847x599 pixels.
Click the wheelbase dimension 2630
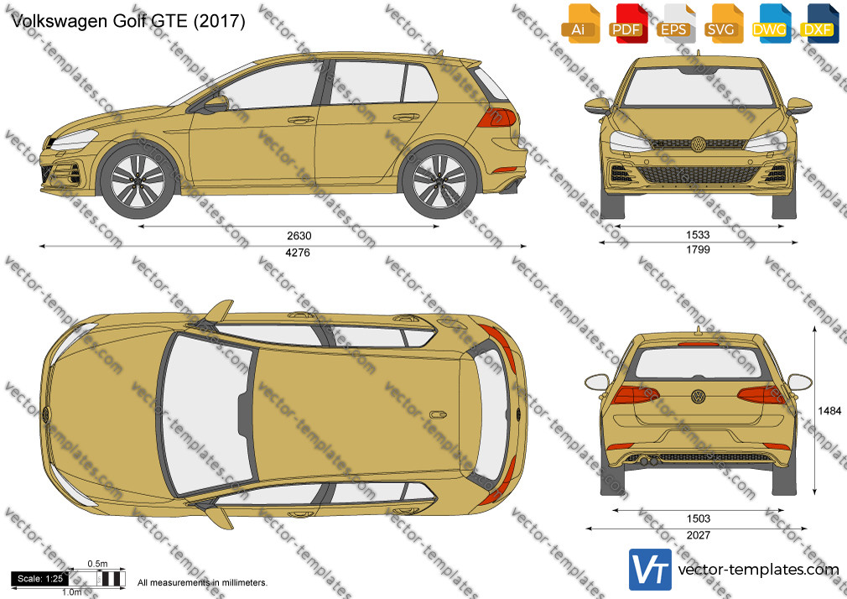pyautogui.click(x=299, y=236)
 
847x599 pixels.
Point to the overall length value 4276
pyautogui.click(x=298, y=253)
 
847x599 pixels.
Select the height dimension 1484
pyautogui.click(x=829, y=411)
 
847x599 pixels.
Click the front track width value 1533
pyautogui.click(x=698, y=235)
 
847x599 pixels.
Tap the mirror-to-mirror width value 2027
pyautogui.click(x=699, y=534)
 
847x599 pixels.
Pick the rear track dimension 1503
pyautogui.click(x=699, y=518)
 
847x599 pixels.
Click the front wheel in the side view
pyautogui.click(x=138, y=180)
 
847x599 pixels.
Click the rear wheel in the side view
pyautogui.click(x=439, y=180)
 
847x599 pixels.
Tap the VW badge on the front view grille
pyautogui.click(x=699, y=143)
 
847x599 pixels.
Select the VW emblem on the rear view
pyautogui.click(x=699, y=396)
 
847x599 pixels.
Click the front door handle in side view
pyautogui.click(x=301, y=119)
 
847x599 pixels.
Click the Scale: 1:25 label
pyautogui.click(x=40, y=579)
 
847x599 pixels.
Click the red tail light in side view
pyautogui.click(x=496, y=117)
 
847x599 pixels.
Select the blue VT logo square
pyautogui.click(x=651, y=570)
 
